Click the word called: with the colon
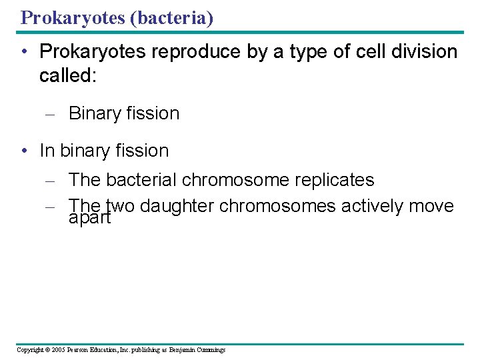(x=68, y=75)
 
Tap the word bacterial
(x=141, y=180)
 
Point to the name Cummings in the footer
(x=209, y=350)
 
